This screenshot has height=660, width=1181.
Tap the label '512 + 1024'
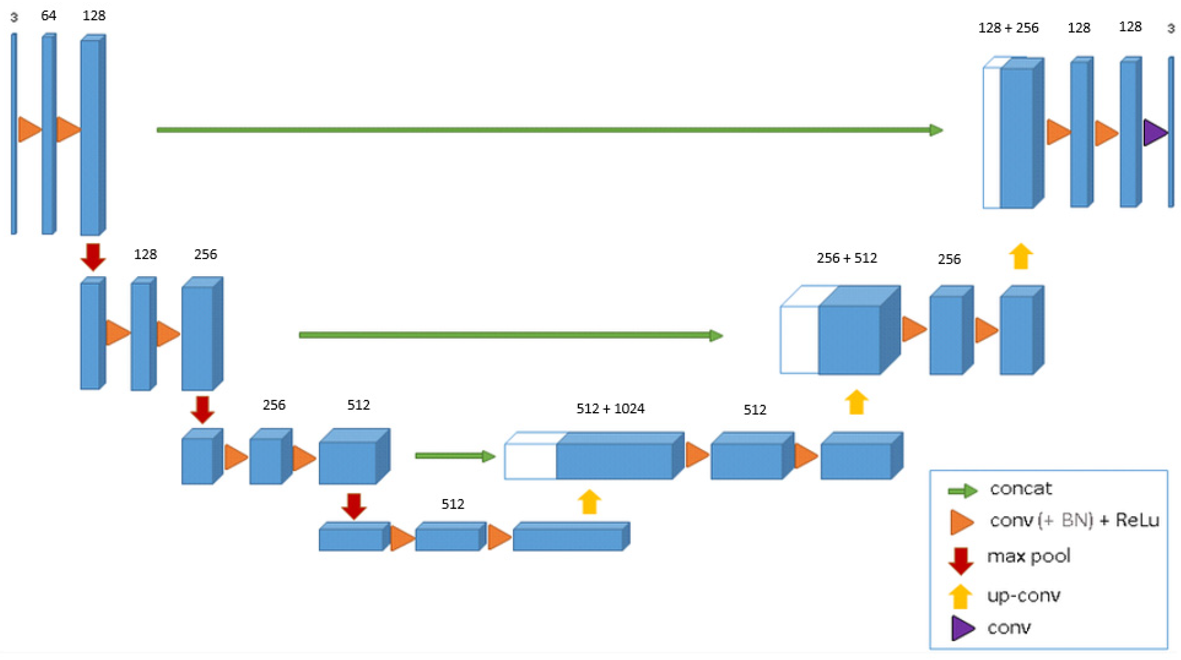pos(610,408)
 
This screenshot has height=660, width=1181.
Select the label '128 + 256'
pos(1008,28)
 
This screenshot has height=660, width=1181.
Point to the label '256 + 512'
pos(847,258)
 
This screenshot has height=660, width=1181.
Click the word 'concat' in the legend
pos(1020,489)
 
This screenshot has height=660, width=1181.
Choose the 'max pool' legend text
pos(1029,556)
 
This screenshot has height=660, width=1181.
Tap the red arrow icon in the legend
pos(961,561)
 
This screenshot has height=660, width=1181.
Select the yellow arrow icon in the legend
pos(960,596)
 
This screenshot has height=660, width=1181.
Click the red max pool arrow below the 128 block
pos(93,257)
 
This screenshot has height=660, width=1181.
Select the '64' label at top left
pos(49,16)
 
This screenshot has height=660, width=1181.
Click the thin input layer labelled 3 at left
pos(14,133)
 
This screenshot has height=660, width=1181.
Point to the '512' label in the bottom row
pos(452,504)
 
